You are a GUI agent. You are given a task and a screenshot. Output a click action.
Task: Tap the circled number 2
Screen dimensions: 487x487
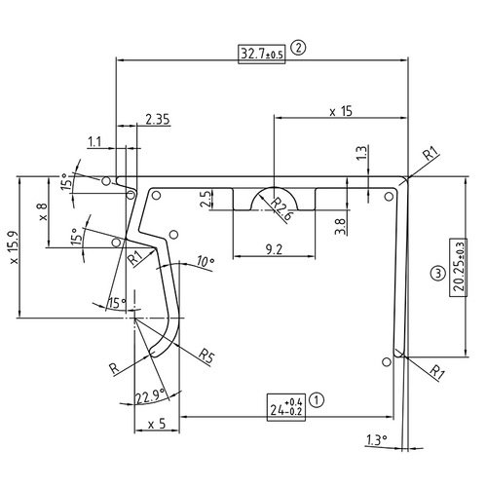pyautogui.click(x=298, y=47)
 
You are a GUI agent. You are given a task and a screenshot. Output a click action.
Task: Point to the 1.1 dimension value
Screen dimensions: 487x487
pyautogui.click(x=94, y=142)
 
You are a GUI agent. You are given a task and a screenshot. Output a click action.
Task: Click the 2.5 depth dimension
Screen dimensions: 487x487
pyautogui.click(x=206, y=199)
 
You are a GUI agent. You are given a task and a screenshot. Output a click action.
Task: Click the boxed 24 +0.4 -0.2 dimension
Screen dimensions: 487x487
pyautogui.click(x=290, y=406)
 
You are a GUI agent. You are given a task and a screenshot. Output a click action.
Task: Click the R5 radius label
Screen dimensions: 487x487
pyautogui.click(x=206, y=353)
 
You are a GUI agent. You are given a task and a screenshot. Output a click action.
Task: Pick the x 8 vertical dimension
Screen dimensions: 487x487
pyautogui.click(x=42, y=212)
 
